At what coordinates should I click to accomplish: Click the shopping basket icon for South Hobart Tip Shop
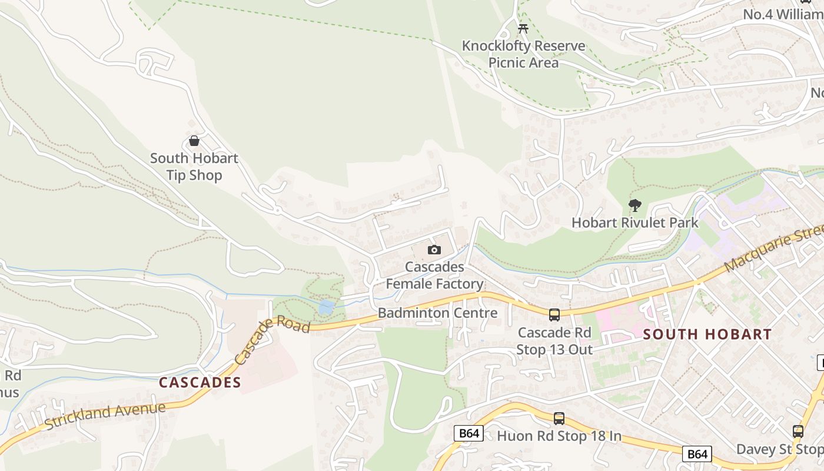(x=194, y=141)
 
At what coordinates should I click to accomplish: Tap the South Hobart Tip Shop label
(x=194, y=167)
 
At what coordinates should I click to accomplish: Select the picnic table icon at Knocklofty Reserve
(x=523, y=28)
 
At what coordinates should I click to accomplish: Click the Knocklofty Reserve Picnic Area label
(x=523, y=54)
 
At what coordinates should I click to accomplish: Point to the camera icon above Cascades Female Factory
(x=434, y=250)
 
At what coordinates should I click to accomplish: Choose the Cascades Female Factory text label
(x=434, y=276)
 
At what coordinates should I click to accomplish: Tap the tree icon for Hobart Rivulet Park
(x=634, y=205)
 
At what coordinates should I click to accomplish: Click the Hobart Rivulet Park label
(x=635, y=223)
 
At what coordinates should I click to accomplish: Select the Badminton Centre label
(x=437, y=313)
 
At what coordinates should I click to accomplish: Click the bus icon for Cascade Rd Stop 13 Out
(x=554, y=315)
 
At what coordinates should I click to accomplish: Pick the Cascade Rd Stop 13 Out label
(x=554, y=341)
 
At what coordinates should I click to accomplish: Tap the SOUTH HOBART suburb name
(x=707, y=334)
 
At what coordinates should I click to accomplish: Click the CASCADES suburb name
(x=200, y=382)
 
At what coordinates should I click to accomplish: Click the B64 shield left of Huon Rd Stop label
(x=469, y=434)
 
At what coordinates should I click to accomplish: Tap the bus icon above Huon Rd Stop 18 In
(x=559, y=419)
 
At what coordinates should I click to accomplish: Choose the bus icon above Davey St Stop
(x=798, y=432)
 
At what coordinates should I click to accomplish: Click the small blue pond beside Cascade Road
(x=325, y=307)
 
